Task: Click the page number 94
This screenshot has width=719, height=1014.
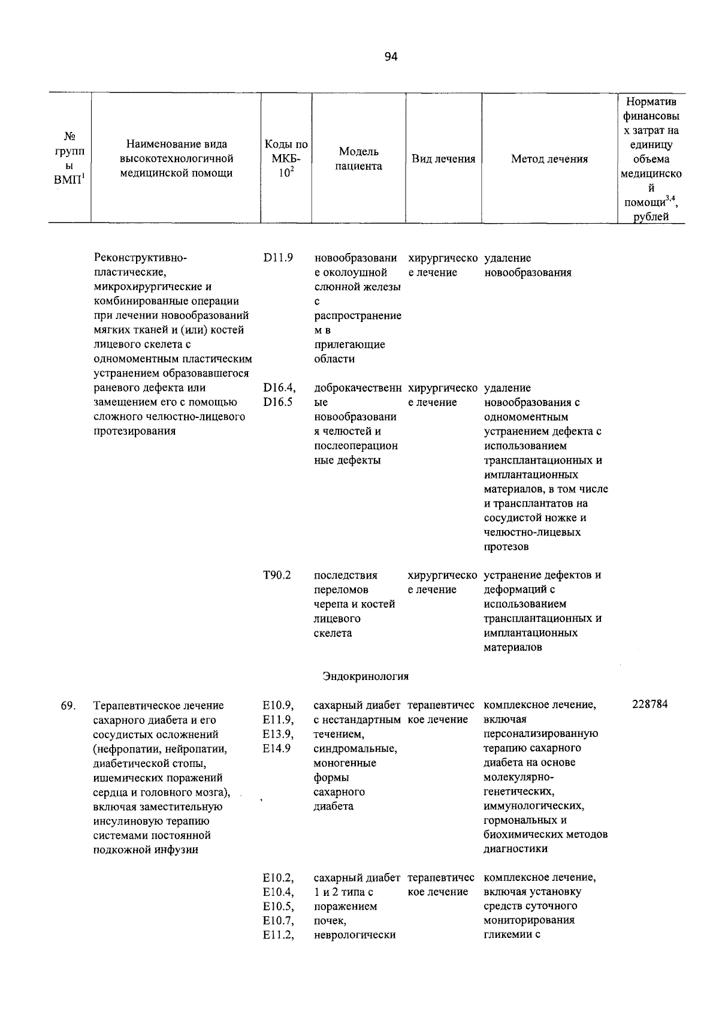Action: [391, 57]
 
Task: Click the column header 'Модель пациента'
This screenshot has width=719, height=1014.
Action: [358, 159]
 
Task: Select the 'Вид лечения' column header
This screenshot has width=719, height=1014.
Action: [443, 159]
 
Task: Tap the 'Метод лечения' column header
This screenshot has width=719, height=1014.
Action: [549, 159]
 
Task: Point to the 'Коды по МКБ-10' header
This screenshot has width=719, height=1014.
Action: [286, 159]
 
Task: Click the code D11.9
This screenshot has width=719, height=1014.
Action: [277, 258]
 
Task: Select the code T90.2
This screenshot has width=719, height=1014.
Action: [277, 576]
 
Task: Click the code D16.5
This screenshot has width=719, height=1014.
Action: [277, 402]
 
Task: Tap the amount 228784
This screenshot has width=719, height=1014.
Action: [650, 705]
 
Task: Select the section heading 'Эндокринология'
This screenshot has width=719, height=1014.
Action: [365, 676]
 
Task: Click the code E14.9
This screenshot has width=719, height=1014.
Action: [277, 748]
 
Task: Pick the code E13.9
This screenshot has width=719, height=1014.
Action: [277, 734]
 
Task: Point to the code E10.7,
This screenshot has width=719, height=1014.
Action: [278, 920]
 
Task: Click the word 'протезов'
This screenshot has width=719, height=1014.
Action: [506, 547]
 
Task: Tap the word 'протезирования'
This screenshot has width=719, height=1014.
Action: [135, 431]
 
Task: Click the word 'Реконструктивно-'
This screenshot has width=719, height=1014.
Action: [141, 258]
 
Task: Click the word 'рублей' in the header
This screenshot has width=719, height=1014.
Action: [651, 217]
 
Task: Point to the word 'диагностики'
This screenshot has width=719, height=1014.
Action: [515, 849]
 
